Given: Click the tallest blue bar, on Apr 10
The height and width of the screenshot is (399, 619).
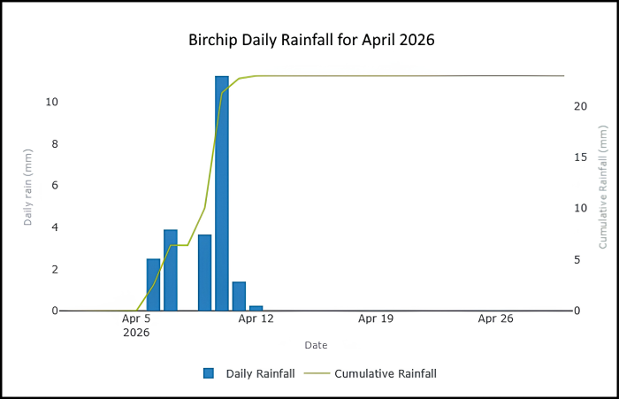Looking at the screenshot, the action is pos(222,193).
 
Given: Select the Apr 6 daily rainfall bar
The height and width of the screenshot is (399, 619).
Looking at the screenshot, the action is pos(153,285).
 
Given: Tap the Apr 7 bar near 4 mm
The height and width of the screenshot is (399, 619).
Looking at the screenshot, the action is pos(171,270).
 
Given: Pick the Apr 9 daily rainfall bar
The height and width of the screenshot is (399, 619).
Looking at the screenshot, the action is pos(205,272).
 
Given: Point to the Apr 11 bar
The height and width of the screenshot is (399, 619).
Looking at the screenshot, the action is pos(239,296).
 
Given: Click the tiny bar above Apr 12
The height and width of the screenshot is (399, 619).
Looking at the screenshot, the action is pos(256,308).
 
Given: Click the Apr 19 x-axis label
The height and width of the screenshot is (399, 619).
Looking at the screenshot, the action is pos(376,318).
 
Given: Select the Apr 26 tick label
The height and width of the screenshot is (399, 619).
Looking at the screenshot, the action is pos(496,318).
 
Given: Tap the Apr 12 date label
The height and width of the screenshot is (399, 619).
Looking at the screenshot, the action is pos(256,318).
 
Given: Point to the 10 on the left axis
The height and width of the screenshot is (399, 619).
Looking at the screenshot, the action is pos(51,102).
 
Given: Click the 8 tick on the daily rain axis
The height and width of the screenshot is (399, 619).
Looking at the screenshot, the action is pos(55,144).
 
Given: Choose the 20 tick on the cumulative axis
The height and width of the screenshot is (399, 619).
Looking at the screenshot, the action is pos(581,106).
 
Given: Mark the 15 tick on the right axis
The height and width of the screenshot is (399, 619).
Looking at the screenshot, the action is pos(581,157).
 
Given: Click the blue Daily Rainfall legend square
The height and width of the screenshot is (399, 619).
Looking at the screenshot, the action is pos(209,373).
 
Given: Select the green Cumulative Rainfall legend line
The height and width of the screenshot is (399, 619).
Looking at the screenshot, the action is pos(317,373).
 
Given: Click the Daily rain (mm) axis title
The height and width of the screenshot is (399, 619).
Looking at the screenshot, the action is pos(27,188).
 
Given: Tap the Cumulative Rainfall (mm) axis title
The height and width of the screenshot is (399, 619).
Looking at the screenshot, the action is pos(603,188).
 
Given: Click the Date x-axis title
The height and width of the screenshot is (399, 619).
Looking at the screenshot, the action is pos(317,345).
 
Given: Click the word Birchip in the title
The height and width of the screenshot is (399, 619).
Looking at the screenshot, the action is pos(213,40).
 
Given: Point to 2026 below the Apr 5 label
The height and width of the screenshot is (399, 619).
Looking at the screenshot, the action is pos(136,333).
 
